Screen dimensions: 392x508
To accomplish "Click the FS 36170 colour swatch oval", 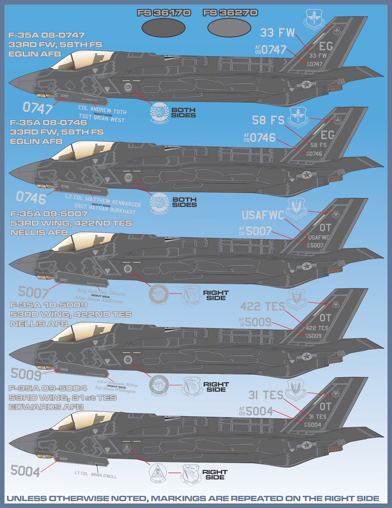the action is tap(163, 28).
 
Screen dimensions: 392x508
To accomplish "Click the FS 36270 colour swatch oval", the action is tap(230, 28).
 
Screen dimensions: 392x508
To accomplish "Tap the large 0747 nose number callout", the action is tap(37, 108).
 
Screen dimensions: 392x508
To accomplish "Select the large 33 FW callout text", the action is tap(278, 33).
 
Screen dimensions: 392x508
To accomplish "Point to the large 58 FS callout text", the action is tap(268, 120).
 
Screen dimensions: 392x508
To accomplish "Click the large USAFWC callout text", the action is tap(263, 215).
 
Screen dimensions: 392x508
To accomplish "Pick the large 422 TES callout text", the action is tap(262, 306).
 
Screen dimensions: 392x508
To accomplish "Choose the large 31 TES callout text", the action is tap(265, 395).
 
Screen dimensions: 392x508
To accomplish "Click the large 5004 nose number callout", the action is tap(25, 471).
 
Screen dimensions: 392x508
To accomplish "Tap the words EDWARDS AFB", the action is tap(46, 407).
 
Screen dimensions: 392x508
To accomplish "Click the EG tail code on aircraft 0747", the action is tap(325, 46).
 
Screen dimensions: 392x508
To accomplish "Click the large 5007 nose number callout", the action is tap(33, 292).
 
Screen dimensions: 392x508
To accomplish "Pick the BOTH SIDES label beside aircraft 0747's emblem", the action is tap(183, 113).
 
